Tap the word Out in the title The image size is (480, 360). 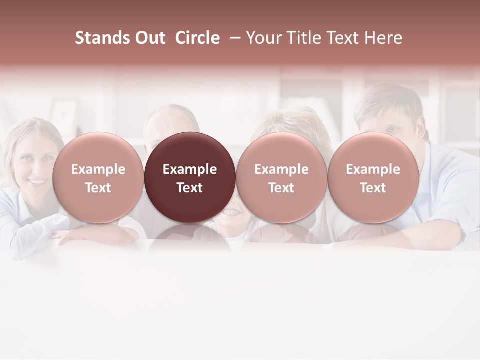coord(149,38)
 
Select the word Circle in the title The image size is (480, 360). coord(197,38)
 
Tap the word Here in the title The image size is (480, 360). coord(383,38)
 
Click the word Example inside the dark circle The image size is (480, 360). coord(190,169)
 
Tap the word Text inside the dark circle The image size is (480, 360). coord(190,188)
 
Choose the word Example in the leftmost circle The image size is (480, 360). coord(98,169)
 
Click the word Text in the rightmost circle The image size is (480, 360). coord(373,188)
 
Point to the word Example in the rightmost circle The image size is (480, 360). coord(373,169)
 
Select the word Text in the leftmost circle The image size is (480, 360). coord(98,188)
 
